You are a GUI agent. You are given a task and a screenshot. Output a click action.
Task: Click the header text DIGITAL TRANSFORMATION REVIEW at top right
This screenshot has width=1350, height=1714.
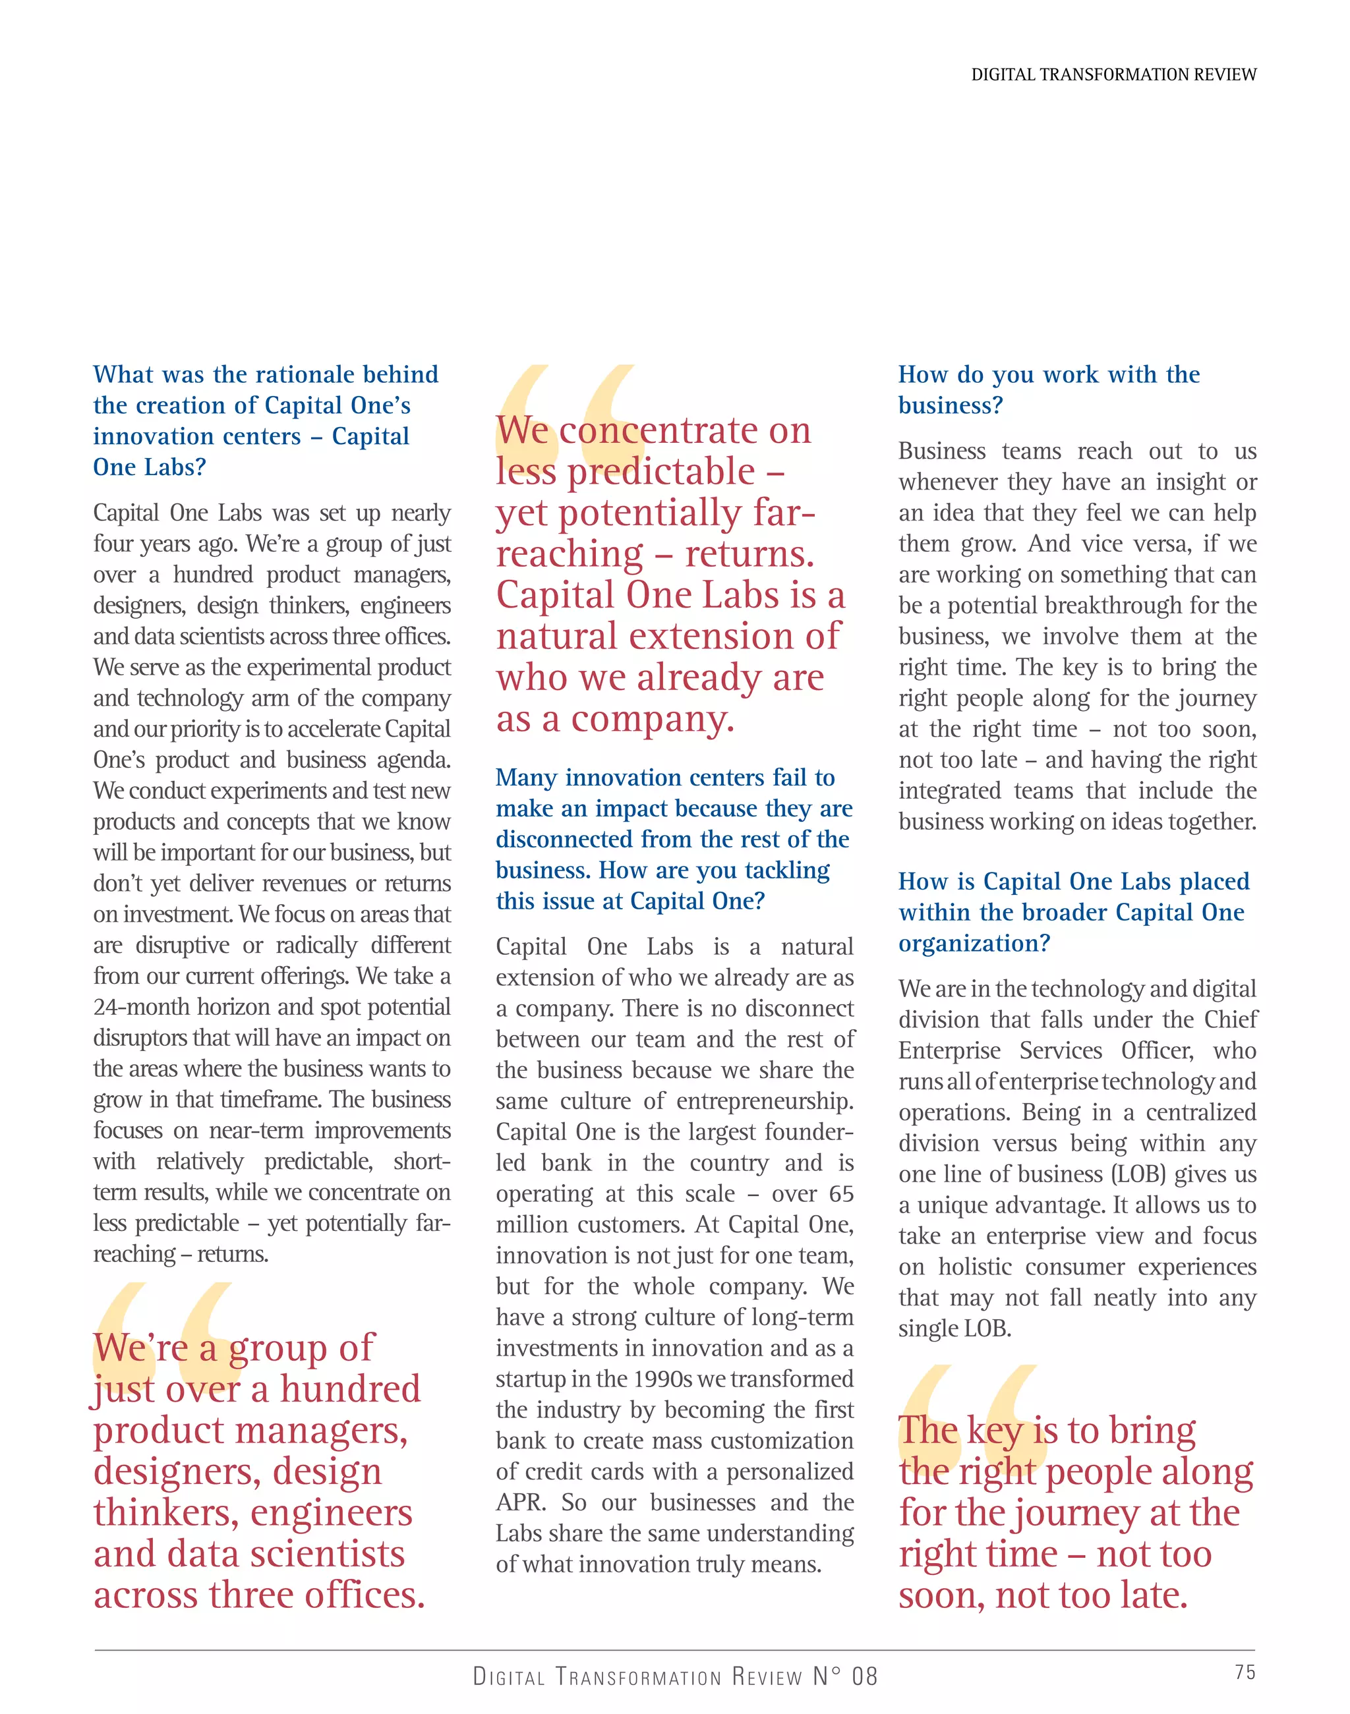click(x=1113, y=75)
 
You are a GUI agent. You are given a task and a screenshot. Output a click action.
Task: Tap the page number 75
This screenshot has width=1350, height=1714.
click(x=1244, y=1672)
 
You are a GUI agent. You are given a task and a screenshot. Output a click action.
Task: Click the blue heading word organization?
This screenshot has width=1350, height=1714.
click(x=974, y=944)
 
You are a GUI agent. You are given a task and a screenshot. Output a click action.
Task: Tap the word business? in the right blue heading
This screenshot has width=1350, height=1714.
click(x=950, y=405)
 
